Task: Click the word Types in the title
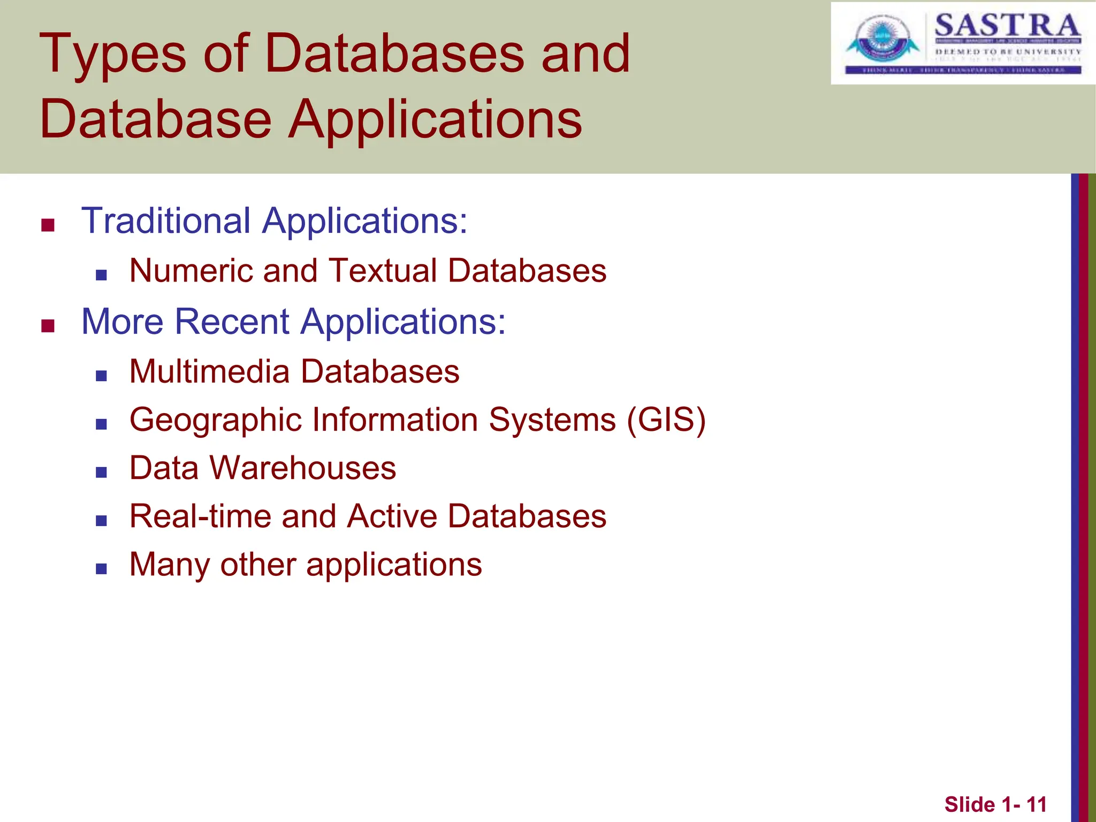tap(112, 55)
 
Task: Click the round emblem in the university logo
tap(878, 39)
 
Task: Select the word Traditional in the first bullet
tap(166, 220)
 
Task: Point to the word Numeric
tap(191, 270)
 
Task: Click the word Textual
tap(383, 270)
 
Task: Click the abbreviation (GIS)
tap(666, 420)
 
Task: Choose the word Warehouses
tap(303, 468)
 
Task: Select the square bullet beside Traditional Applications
tap(48, 225)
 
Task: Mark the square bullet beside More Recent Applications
tap(48, 325)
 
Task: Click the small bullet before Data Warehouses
tap(101, 472)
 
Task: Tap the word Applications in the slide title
tap(435, 120)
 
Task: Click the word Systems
tap(552, 420)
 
